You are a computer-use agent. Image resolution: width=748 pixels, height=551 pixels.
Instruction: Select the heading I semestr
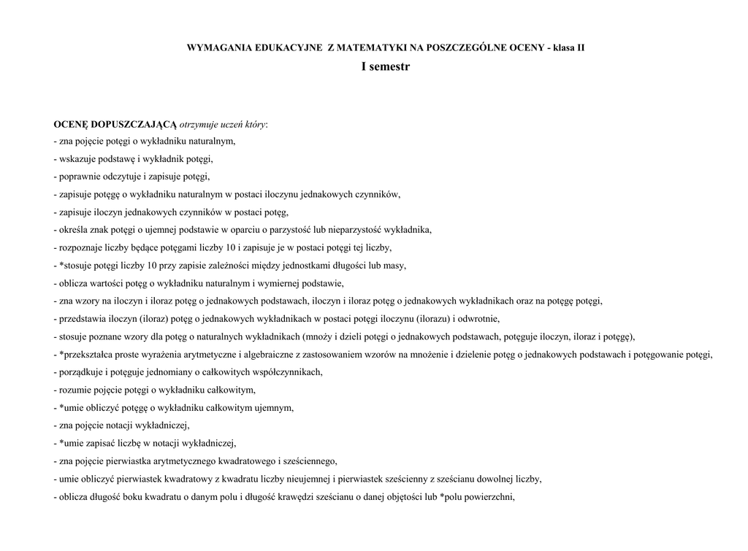pos(385,66)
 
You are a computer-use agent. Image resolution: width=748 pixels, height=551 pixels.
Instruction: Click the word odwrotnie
pos(479,319)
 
